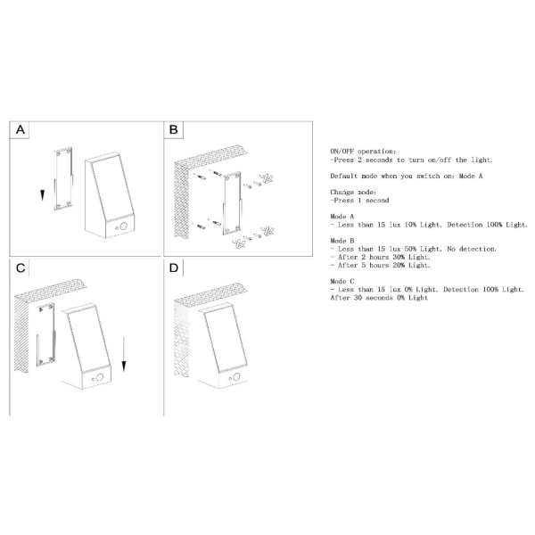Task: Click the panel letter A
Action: coord(21,129)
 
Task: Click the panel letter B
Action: coord(173,129)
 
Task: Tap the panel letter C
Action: coord(21,267)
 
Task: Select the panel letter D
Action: coord(174,267)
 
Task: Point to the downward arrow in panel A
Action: coord(42,195)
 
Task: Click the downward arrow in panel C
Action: coord(124,354)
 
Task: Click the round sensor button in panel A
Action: coord(123,226)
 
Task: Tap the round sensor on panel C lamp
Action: coord(100,377)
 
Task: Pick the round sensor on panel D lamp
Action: coord(236,376)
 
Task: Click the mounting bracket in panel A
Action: coord(63,178)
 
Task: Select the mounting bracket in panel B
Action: coord(233,203)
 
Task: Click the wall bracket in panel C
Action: coord(45,334)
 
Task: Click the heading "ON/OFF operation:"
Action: coord(363,152)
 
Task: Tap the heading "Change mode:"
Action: coord(353,192)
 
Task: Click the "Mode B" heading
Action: coord(342,241)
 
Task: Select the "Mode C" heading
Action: coord(342,281)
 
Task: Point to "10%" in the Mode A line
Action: coord(410,225)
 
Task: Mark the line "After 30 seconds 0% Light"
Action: coord(379,298)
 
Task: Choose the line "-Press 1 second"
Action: coord(359,201)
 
